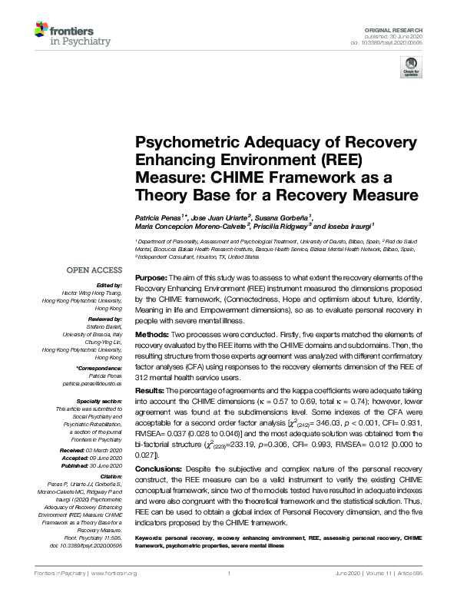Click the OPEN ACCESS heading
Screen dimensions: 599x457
click(94, 270)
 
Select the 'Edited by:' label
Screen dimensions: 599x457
click(109, 285)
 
